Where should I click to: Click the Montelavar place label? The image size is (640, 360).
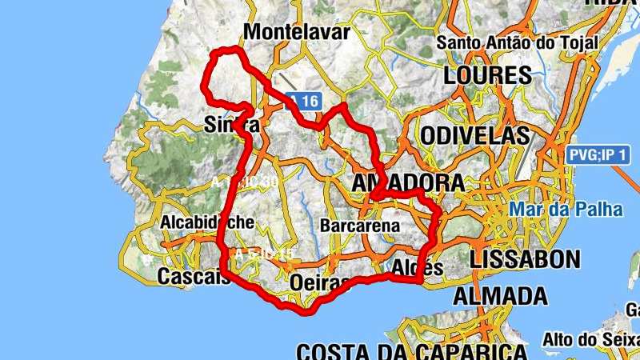pos(298,33)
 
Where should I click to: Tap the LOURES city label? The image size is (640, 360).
pos(486,76)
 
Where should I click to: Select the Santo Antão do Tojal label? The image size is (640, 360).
pos(517,42)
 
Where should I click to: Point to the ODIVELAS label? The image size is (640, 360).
pos(474,135)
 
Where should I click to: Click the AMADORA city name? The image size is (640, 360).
pos(408,183)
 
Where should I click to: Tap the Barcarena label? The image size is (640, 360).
pos(359,226)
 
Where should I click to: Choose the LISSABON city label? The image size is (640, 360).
pos(525,258)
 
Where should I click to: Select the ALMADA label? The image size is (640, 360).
pos(501,296)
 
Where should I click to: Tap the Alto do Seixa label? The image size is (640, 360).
pos(590,339)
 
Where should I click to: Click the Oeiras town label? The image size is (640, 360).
pos(320,282)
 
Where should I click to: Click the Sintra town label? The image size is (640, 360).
pos(231,126)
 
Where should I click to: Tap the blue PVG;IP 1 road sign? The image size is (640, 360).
pos(596,155)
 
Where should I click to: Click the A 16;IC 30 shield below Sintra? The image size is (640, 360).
pos(245,182)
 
